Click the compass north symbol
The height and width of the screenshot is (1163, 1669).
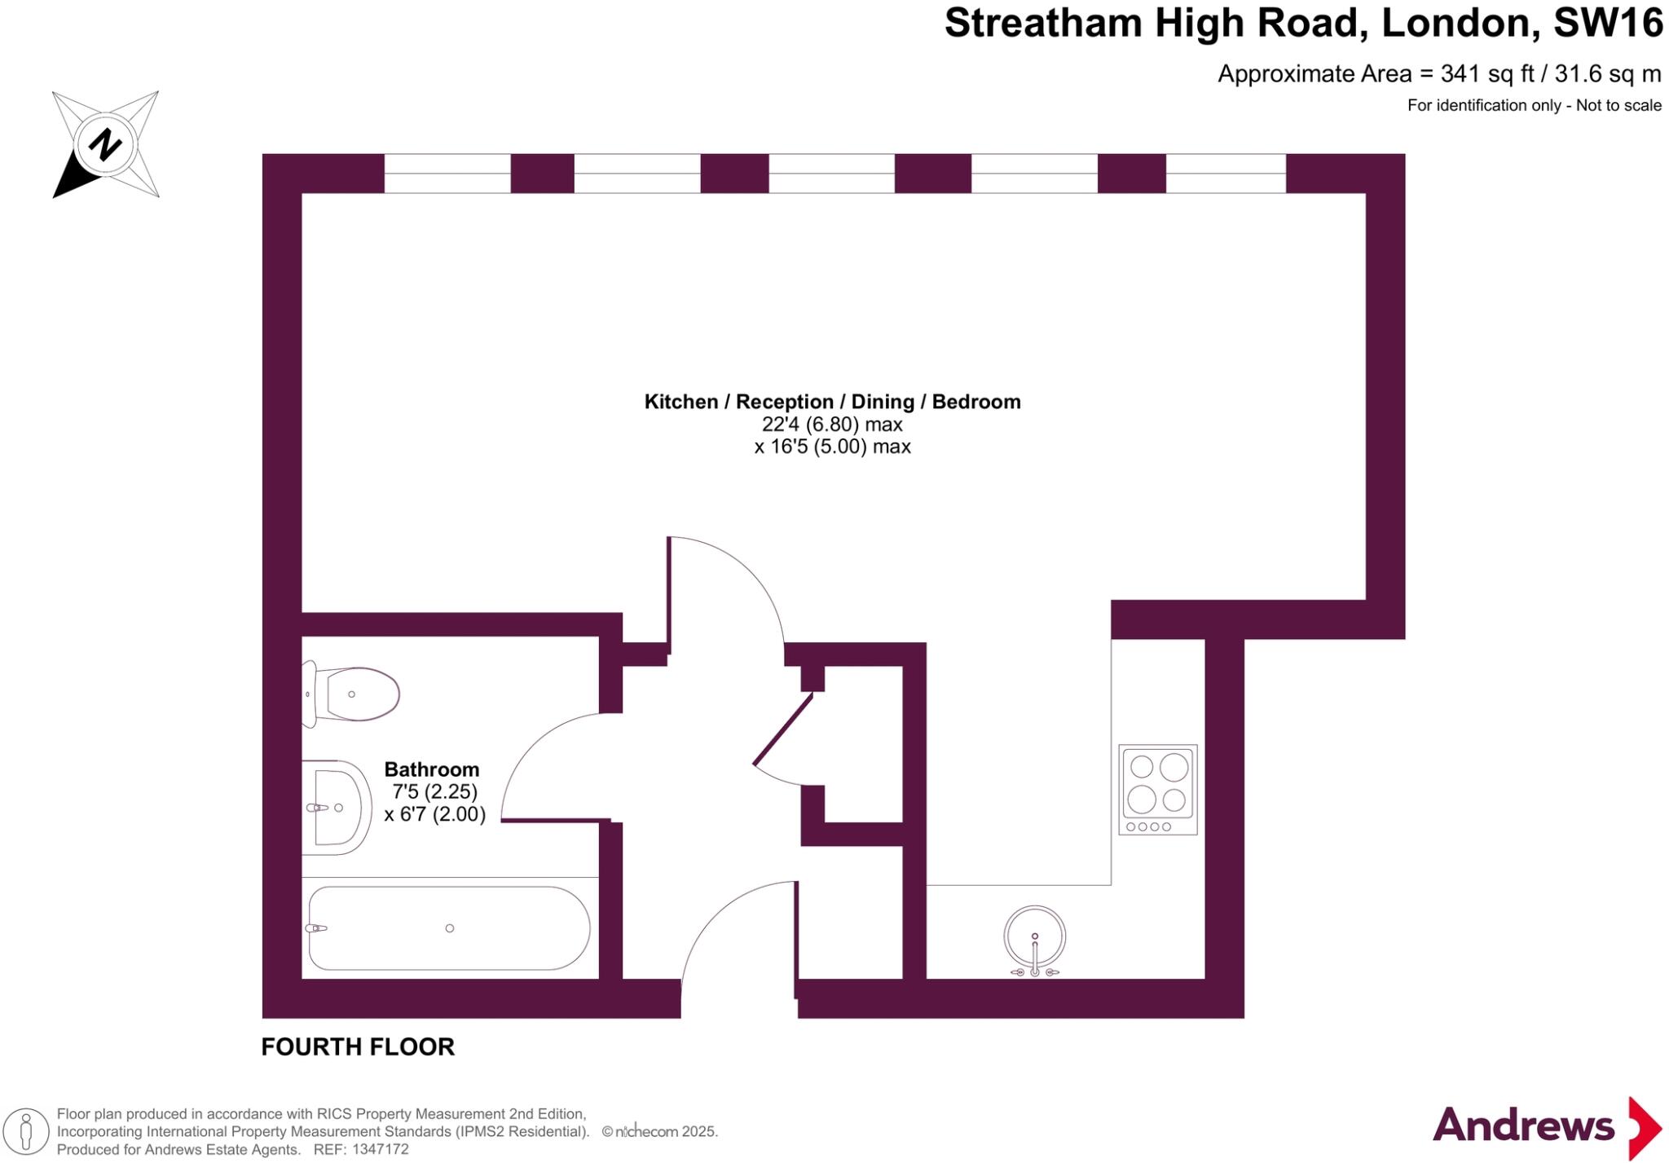(105, 144)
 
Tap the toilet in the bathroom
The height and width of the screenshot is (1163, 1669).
(352, 694)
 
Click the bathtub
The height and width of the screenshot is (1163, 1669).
(449, 928)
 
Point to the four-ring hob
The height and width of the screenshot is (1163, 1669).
(1157, 789)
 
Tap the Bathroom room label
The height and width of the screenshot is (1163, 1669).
(431, 769)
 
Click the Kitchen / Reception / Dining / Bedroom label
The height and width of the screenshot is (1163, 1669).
(832, 402)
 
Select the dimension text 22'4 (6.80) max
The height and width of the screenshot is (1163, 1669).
(832, 425)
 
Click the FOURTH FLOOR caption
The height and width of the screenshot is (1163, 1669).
(358, 1046)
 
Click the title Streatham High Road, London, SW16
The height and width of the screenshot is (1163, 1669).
(1302, 23)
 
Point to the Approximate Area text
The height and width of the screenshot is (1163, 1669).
(1438, 74)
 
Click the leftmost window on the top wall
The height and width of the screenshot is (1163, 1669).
(447, 174)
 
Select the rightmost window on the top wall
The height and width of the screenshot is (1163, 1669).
(1226, 174)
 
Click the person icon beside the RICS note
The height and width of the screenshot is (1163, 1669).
(25, 1131)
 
